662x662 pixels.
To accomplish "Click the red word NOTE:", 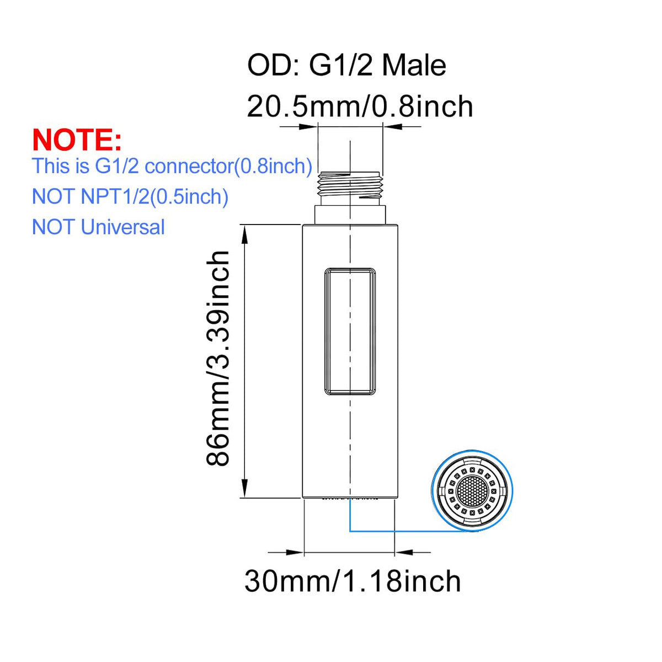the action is click(77, 140).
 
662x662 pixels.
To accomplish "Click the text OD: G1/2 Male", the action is click(346, 65).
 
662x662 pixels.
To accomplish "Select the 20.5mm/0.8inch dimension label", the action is click(360, 106).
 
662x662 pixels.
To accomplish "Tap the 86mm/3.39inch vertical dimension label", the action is click(217, 359).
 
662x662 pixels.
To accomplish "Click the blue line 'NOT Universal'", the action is click(98, 227).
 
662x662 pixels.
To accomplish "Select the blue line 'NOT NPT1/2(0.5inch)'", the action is click(130, 197).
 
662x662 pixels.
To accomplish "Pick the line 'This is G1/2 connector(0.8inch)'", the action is click(172, 166).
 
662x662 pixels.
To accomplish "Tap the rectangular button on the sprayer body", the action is click(350, 332).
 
